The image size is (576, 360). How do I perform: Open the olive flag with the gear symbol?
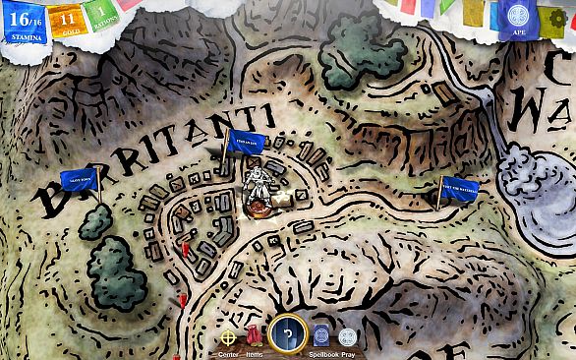click(556, 18)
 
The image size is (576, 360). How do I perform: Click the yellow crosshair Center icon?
click(228, 335)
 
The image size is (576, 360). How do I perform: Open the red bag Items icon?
click(256, 334)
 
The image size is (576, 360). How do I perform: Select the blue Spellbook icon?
click(321, 334)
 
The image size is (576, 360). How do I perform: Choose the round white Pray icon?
click(348, 335)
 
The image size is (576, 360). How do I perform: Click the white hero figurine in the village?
click(258, 188)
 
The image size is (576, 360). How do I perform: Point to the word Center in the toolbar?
click(228, 354)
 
